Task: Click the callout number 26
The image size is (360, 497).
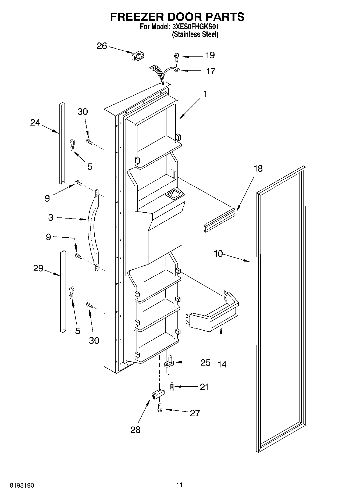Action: (102, 46)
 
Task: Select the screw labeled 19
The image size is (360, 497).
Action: (176, 57)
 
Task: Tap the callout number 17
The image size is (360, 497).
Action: (211, 71)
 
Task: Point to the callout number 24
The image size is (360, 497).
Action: (35, 123)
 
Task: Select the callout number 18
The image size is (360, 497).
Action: (258, 169)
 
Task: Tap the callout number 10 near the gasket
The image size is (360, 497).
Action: (218, 253)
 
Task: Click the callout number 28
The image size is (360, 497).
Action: (136, 430)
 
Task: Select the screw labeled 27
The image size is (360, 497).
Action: (159, 407)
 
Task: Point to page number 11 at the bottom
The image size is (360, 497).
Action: (179, 485)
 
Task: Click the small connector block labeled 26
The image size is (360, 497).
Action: (138, 56)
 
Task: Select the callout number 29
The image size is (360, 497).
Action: (38, 268)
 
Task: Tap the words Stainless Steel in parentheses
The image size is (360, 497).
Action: (195, 34)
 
